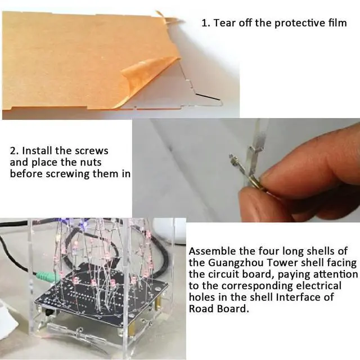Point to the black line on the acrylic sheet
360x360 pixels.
(208, 97)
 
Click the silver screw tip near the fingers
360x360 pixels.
(232, 159)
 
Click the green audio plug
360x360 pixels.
(47, 276)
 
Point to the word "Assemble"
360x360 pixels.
(213, 251)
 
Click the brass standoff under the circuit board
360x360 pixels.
(157, 303)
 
